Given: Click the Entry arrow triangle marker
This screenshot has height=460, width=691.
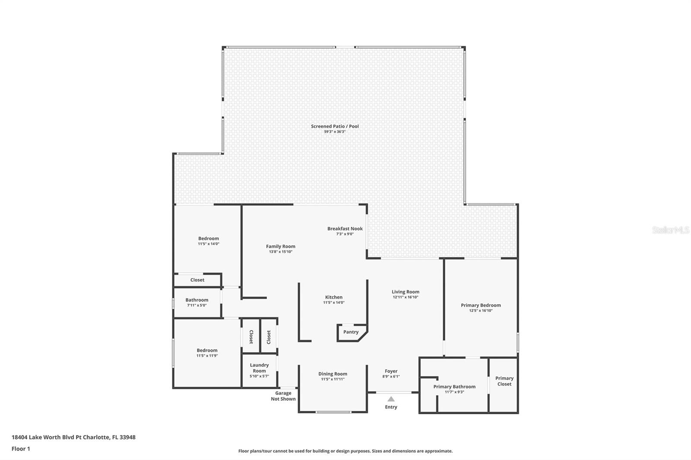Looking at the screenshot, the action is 391,399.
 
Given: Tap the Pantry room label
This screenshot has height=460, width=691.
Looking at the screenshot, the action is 351,332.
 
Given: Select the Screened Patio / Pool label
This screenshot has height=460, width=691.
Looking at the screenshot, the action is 335,126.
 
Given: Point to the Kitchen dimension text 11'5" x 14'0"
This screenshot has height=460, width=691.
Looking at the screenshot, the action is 334,302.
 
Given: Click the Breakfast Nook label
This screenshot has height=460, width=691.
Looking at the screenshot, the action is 345,228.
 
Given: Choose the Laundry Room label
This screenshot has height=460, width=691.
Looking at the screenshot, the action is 259,368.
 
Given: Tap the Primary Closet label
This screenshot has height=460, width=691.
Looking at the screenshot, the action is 504,381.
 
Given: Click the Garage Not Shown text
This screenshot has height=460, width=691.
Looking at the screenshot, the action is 283,396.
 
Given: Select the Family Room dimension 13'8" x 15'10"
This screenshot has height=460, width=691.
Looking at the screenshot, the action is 280,252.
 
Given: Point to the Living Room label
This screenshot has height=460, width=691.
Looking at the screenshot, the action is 406,292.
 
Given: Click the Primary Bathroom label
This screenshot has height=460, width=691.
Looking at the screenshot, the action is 454,387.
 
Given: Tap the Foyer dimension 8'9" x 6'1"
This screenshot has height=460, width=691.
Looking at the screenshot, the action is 391,376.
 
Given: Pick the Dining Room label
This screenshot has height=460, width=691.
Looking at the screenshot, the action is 333,374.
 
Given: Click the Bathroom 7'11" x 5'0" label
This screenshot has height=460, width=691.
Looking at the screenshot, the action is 197,302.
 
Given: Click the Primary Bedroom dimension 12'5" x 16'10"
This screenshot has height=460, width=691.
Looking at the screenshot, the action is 481,310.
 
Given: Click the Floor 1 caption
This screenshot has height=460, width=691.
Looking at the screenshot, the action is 21,449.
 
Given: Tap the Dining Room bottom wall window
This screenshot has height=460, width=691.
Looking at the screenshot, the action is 333,412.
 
